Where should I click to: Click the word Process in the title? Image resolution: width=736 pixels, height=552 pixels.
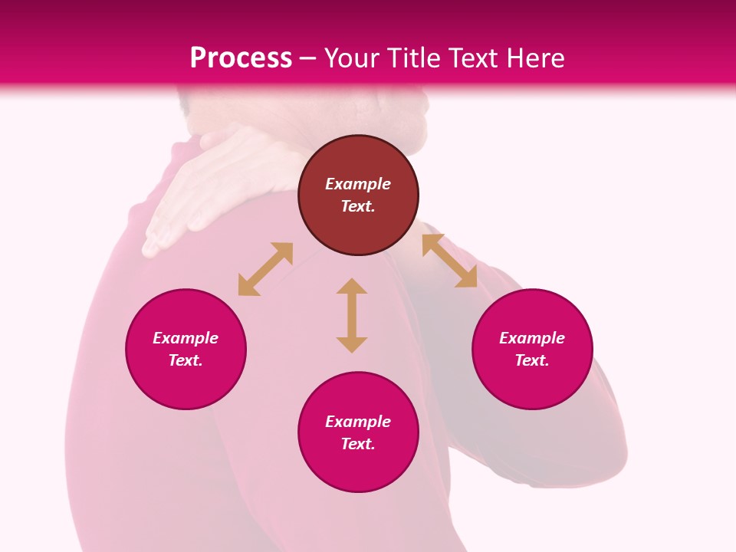tap(241, 58)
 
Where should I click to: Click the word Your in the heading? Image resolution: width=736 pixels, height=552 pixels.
tap(351, 58)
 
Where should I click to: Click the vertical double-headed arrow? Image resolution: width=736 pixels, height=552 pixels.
tap(352, 315)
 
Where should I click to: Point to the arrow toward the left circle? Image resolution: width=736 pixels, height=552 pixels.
tap(265, 269)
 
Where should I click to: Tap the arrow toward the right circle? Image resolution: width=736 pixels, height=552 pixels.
tap(449, 261)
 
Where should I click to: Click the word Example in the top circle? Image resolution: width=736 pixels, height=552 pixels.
tap(358, 184)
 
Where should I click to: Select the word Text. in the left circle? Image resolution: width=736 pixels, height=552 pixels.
tap(186, 360)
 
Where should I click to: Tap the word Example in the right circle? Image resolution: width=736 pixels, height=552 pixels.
tap(532, 338)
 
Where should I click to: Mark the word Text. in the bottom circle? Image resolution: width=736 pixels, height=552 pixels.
tap(358, 444)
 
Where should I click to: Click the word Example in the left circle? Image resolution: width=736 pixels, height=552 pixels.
tap(186, 338)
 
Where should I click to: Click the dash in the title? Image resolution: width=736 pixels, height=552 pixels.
tap(308, 58)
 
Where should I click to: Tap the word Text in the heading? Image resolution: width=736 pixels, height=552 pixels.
tap(475, 58)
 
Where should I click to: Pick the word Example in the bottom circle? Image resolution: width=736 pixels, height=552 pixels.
tap(358, 422)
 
